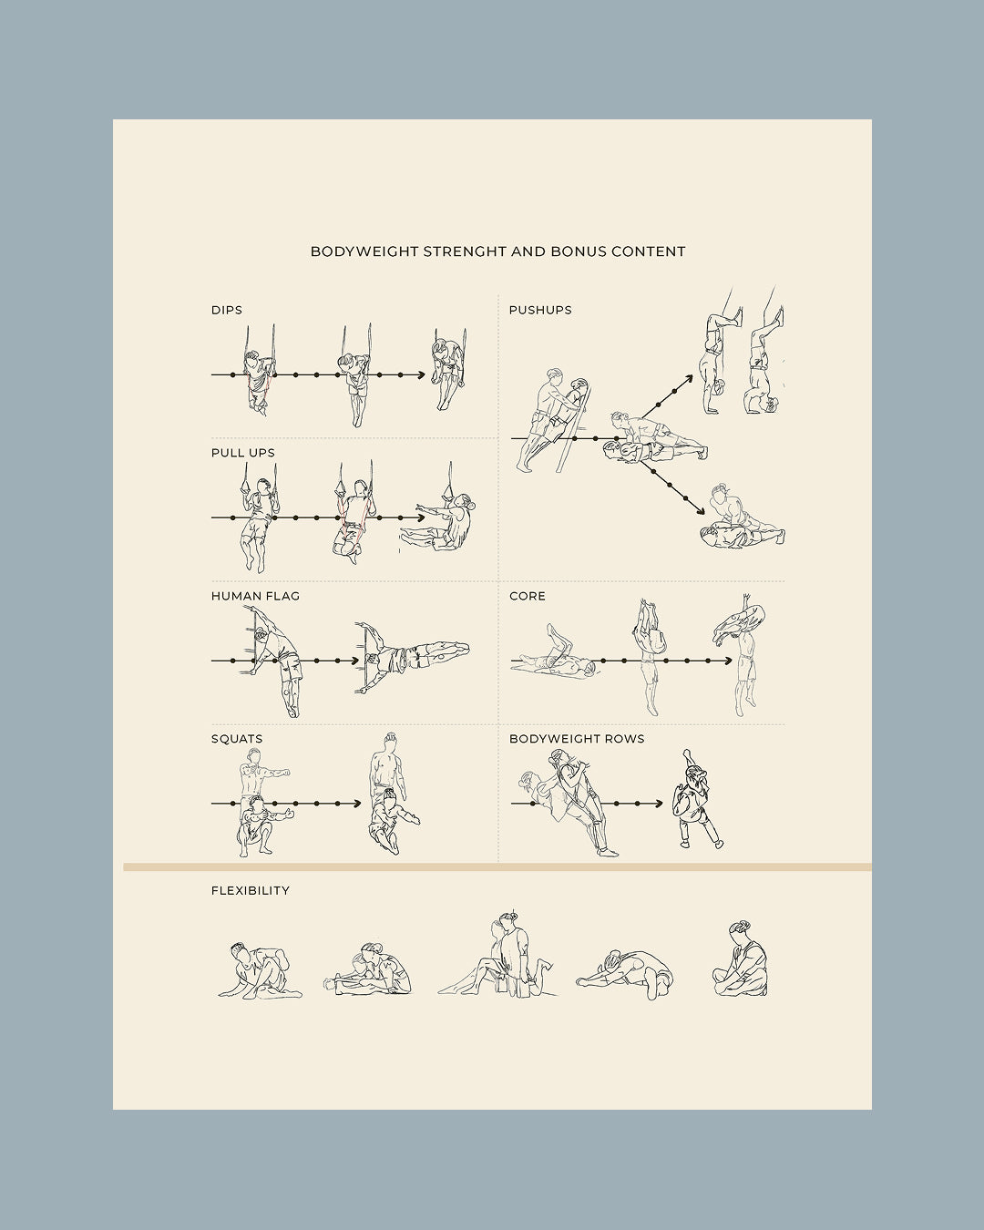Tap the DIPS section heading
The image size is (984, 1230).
click(x=227, y=310)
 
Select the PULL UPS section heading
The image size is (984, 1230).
click(x=243, y=453)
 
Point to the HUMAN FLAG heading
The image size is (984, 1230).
click(x=255, y=596)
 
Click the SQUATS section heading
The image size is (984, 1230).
click(x=237, y=739)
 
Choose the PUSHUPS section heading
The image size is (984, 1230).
click(x=540, y=310)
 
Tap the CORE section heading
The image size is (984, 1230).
click(x=528, y=596)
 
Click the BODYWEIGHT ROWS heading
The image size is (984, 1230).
click(x=577, y=739)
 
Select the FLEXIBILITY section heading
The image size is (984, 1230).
click(x=251, y=890)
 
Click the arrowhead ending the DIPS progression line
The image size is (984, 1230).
click(x=421, y=374)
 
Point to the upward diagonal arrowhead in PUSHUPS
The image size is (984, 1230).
click(x=690, y=375)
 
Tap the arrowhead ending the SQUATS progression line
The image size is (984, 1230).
click(x=356, y=804)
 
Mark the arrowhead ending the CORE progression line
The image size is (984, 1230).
click(x=728, y=661)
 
